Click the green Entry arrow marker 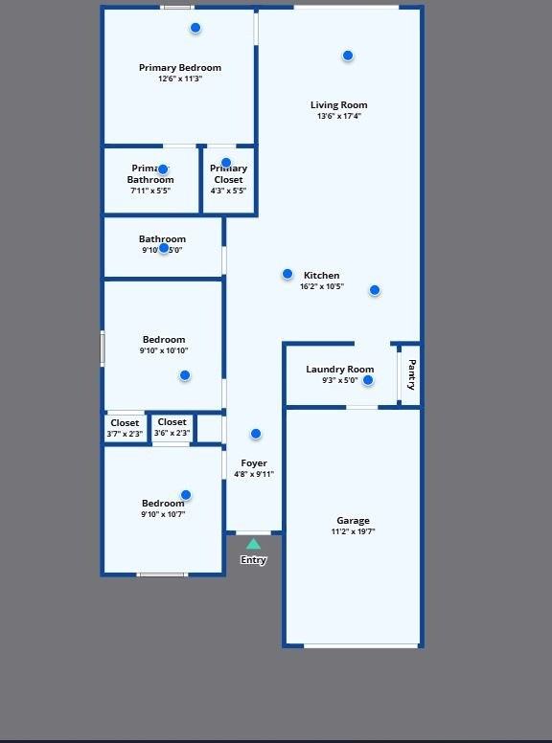[253, 544]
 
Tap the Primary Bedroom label [180, 68]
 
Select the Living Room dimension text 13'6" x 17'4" [339, 117]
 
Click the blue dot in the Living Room [348, 56]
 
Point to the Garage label [353, 521]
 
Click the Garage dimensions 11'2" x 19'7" [353, 532]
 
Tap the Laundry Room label [339, 370]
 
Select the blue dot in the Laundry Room [368, 380]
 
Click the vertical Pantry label [412, 374]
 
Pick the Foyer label [254, 463]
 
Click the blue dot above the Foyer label [256, 434]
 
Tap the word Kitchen [322, 276]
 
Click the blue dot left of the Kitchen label [287, 274]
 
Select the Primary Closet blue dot [226, 163]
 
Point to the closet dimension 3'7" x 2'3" [125, 434]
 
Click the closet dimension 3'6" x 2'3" [172, 433]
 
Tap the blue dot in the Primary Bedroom [195, 28]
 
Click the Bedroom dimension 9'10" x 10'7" [163, 515]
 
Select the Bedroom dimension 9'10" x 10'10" [164, 351]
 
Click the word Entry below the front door [253, 560]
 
